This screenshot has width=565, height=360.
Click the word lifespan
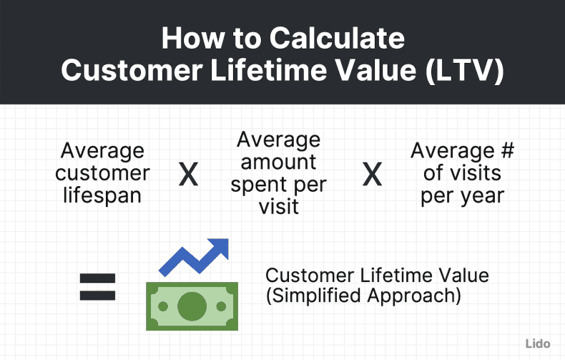click(102, 195)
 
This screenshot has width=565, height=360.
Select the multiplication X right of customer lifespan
click(188, 175)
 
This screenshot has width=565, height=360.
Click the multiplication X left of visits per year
click(372, 175)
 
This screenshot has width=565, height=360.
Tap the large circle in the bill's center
click(192, 306)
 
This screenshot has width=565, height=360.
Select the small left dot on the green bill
click(162, 306)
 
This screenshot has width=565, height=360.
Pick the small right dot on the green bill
click(221, 306)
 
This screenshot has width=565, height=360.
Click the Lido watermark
click(538, 344)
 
